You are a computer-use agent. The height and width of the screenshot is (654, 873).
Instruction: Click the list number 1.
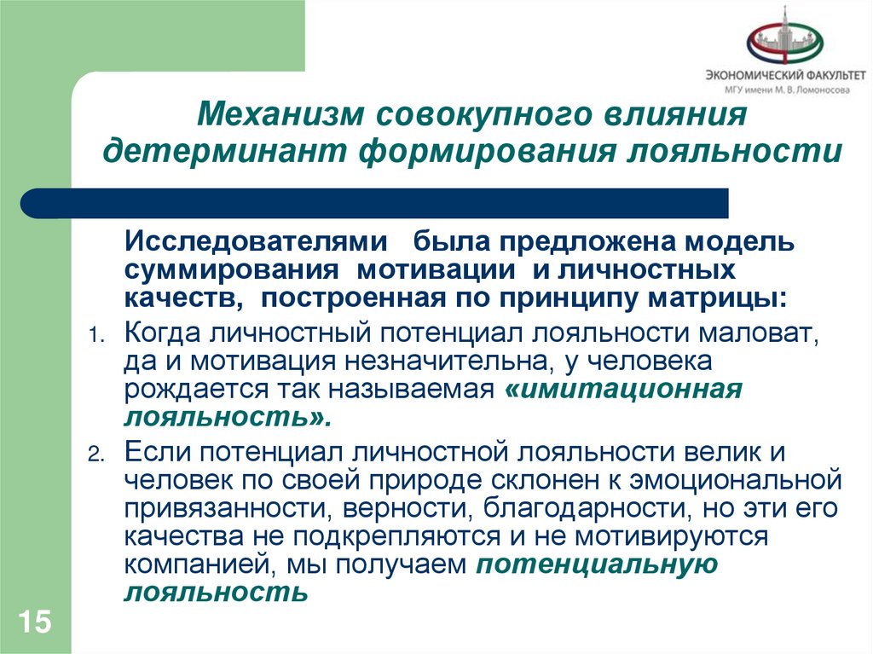click(x=95, y=334)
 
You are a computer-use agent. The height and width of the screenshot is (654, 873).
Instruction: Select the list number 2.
click(x=95, y=454)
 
